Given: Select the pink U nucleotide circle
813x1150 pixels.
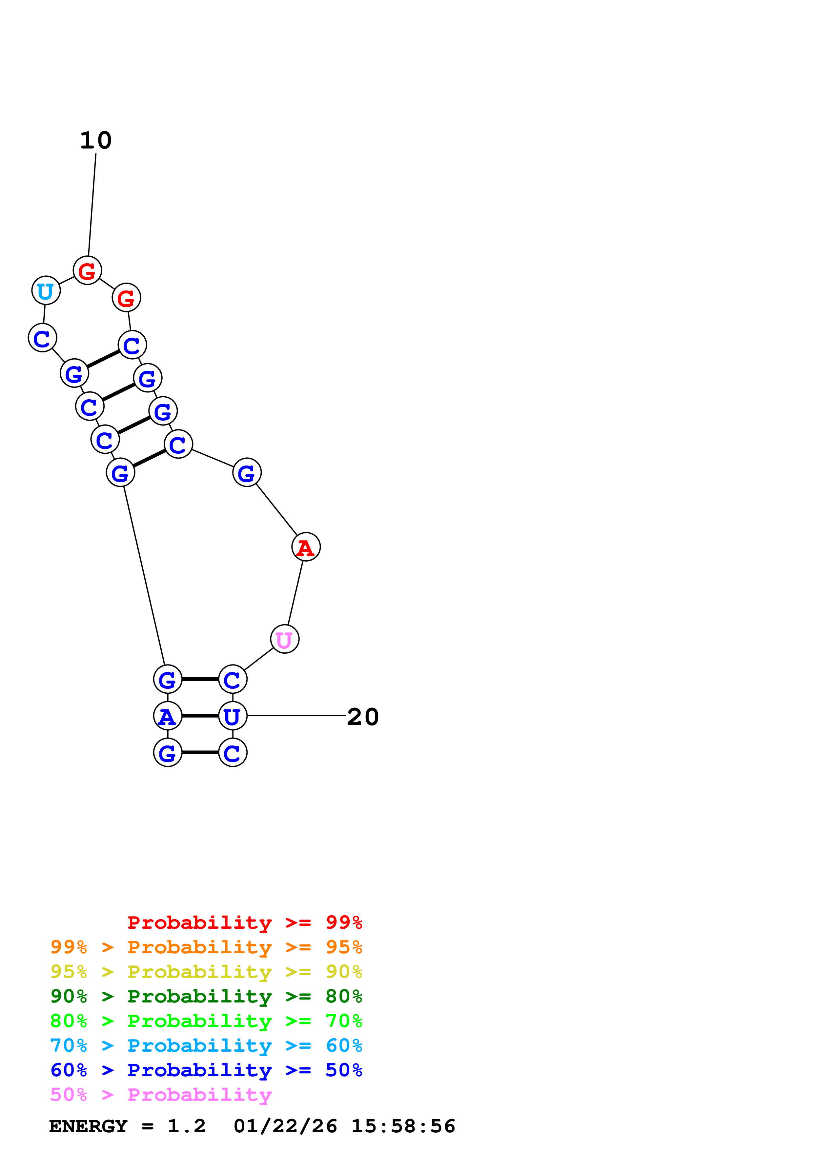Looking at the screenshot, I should point(285,639).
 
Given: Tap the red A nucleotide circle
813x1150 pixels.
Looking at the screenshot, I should point(306,547).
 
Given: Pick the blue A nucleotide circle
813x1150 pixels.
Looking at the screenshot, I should point(167,716).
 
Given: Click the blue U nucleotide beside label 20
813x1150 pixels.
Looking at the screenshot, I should point(233,716).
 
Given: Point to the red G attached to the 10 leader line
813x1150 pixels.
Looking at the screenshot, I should point(87,270).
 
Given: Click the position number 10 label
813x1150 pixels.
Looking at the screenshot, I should point(96,141).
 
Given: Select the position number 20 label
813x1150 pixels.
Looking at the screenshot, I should point(363,717).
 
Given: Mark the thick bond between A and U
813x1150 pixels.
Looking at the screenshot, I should point(200,716).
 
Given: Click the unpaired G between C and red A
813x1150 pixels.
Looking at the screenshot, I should point(246,472).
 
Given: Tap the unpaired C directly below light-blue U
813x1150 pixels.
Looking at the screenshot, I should point(42,338).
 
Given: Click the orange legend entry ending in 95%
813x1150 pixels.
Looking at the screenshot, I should point(206,947).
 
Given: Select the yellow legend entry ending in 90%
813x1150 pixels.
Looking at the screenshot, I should point(206,972).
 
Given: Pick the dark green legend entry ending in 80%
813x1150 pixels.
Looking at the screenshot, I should point(206,996).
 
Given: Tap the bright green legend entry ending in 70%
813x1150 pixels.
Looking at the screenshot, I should point(206,1021).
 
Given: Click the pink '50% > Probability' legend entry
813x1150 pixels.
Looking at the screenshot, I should point(161,1094).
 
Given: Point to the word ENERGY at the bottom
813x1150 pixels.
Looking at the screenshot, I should point(88,1126).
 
